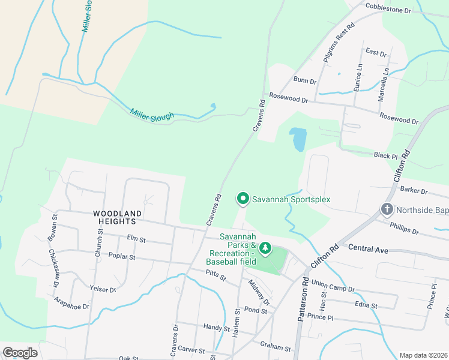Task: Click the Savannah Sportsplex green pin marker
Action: [x=243, y=197]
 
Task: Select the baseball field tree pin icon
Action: [x=265, y=247]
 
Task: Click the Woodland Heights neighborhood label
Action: [x=118, y=217]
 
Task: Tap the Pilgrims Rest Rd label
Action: [x=339, y=41]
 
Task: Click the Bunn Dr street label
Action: [x=305, y=80]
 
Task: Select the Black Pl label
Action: [x=386, y=155]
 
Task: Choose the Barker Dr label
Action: [x=415, y=191]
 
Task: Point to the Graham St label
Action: [x=276, y=346]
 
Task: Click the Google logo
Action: [x=20, y=352]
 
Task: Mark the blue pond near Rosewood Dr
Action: [x=297, y=140]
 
